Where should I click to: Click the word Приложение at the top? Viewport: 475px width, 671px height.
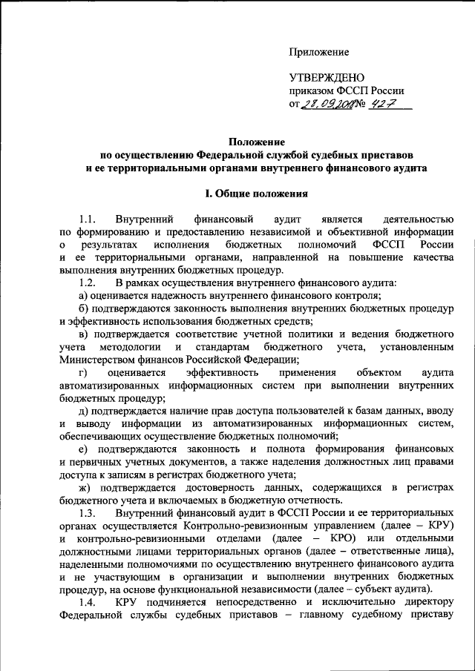(x=318, y=51)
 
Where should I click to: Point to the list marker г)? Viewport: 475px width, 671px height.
(x=82, y=372)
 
